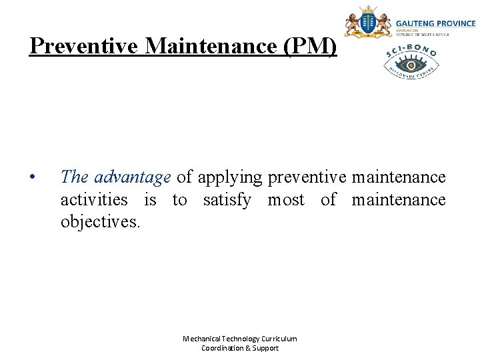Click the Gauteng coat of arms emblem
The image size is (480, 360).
pos(367,23)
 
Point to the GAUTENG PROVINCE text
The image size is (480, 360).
pos(436,23)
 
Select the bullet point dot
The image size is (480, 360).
pos(31,178)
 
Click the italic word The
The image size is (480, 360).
pos(74,177)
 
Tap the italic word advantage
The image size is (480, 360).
pos(133,177)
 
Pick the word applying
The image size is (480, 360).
pos(231,177)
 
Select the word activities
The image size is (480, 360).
pos(94,199)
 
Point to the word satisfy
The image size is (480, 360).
pos(227,199)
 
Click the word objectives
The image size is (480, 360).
pos(100,221)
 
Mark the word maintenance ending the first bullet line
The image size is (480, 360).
pos(399,177)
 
